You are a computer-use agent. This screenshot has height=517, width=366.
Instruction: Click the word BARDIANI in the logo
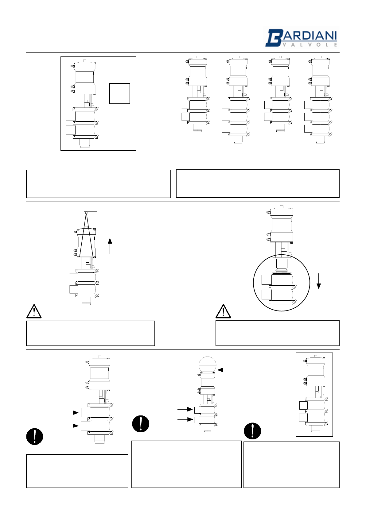(x=301, y=37)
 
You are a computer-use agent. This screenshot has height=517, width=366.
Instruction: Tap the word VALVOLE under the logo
(x=310, y=45)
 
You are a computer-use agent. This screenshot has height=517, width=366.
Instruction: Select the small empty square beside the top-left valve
(x=120, y=94)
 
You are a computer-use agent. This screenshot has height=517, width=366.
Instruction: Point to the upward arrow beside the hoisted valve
(x=110, y=246)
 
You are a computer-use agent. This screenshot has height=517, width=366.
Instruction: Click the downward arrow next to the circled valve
(x=319, y=281)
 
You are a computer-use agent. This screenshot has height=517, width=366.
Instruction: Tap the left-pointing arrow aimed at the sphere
(x=225, y=370)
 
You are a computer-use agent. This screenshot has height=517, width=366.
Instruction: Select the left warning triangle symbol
(x=34, y=312)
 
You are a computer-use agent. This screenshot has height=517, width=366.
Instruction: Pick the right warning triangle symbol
(x=223, y=312)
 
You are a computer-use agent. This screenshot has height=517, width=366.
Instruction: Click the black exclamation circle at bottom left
(x=35, y=436)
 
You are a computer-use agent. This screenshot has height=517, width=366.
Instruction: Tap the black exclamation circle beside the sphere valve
(x=141, y=424)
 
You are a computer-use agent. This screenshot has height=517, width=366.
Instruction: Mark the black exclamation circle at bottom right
(x=252, y=431)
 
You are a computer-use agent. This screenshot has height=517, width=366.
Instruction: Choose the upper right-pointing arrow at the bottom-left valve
(x=70, y=413)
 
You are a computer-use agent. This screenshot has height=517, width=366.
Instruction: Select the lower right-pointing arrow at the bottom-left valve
(x=70, y=426)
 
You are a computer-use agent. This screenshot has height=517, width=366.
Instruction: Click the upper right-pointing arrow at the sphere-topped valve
(x=185, y=409)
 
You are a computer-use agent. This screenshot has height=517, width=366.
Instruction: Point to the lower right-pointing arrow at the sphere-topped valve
(x=185, y=419)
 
